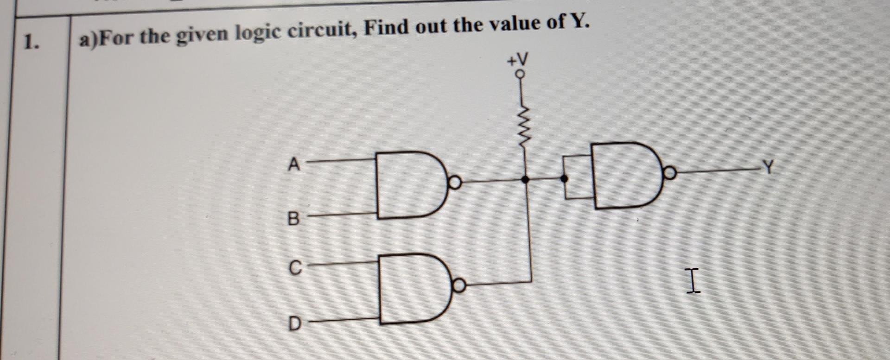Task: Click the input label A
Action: coord(293,164)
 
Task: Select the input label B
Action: coord(293,218)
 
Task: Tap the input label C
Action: coord(295,268)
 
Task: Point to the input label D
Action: coord(294,323)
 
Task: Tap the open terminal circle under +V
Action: coord(521,74)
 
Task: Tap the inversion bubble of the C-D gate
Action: coord(459,286)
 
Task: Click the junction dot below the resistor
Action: coord(525,180)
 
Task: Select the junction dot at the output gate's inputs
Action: coord(564,178)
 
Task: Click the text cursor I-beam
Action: coord(692,281)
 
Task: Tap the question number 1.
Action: coord(31,43)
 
